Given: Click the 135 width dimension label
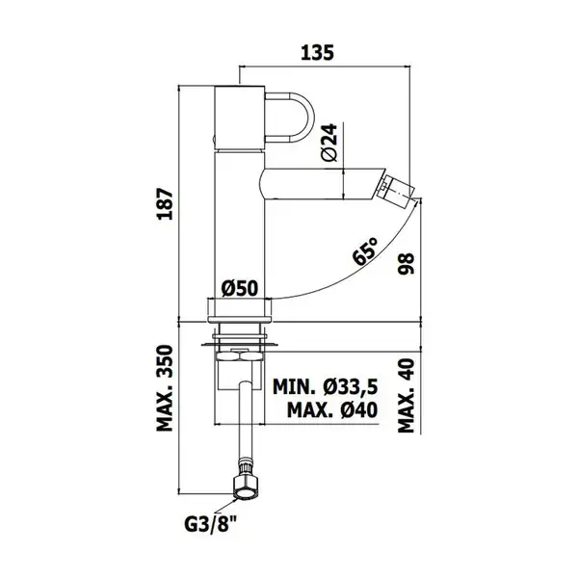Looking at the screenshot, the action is coord(317,53).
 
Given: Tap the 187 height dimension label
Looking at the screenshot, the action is coord(165,204).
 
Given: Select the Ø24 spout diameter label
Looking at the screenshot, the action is coord(329,143).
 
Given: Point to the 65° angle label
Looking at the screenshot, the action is coord(365,251).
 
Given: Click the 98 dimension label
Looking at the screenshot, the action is coord(407,264).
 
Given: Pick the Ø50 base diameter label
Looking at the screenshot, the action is coord(240,288).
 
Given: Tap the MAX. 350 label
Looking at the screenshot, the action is coord(165,388).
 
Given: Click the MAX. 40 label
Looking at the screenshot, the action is coord(407,396).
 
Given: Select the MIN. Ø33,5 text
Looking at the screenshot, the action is coord(326,387).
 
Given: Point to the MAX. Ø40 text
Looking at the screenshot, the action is coord(332,409).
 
